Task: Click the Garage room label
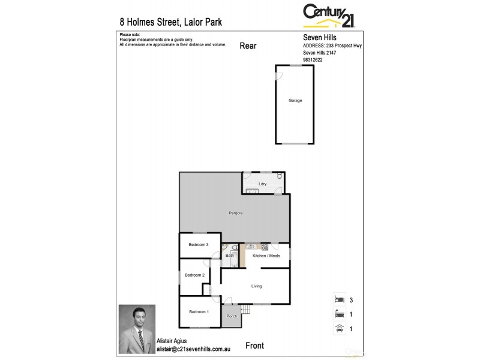[295, 100]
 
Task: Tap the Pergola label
[235, 213]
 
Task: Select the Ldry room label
[262, 184]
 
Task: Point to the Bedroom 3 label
[198, 244]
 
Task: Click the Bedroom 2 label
[194, 275]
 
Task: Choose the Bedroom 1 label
[199, 311]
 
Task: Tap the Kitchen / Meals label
[266, 256]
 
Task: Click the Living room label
[256, 286]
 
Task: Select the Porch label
[232, 316]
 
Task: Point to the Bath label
[229, 256]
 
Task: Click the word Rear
[248, 45]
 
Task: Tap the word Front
[255, 346]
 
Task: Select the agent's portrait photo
[137, 329]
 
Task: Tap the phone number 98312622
[313, 59]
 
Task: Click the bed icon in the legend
[339, 298]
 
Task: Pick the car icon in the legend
[339, 329]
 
